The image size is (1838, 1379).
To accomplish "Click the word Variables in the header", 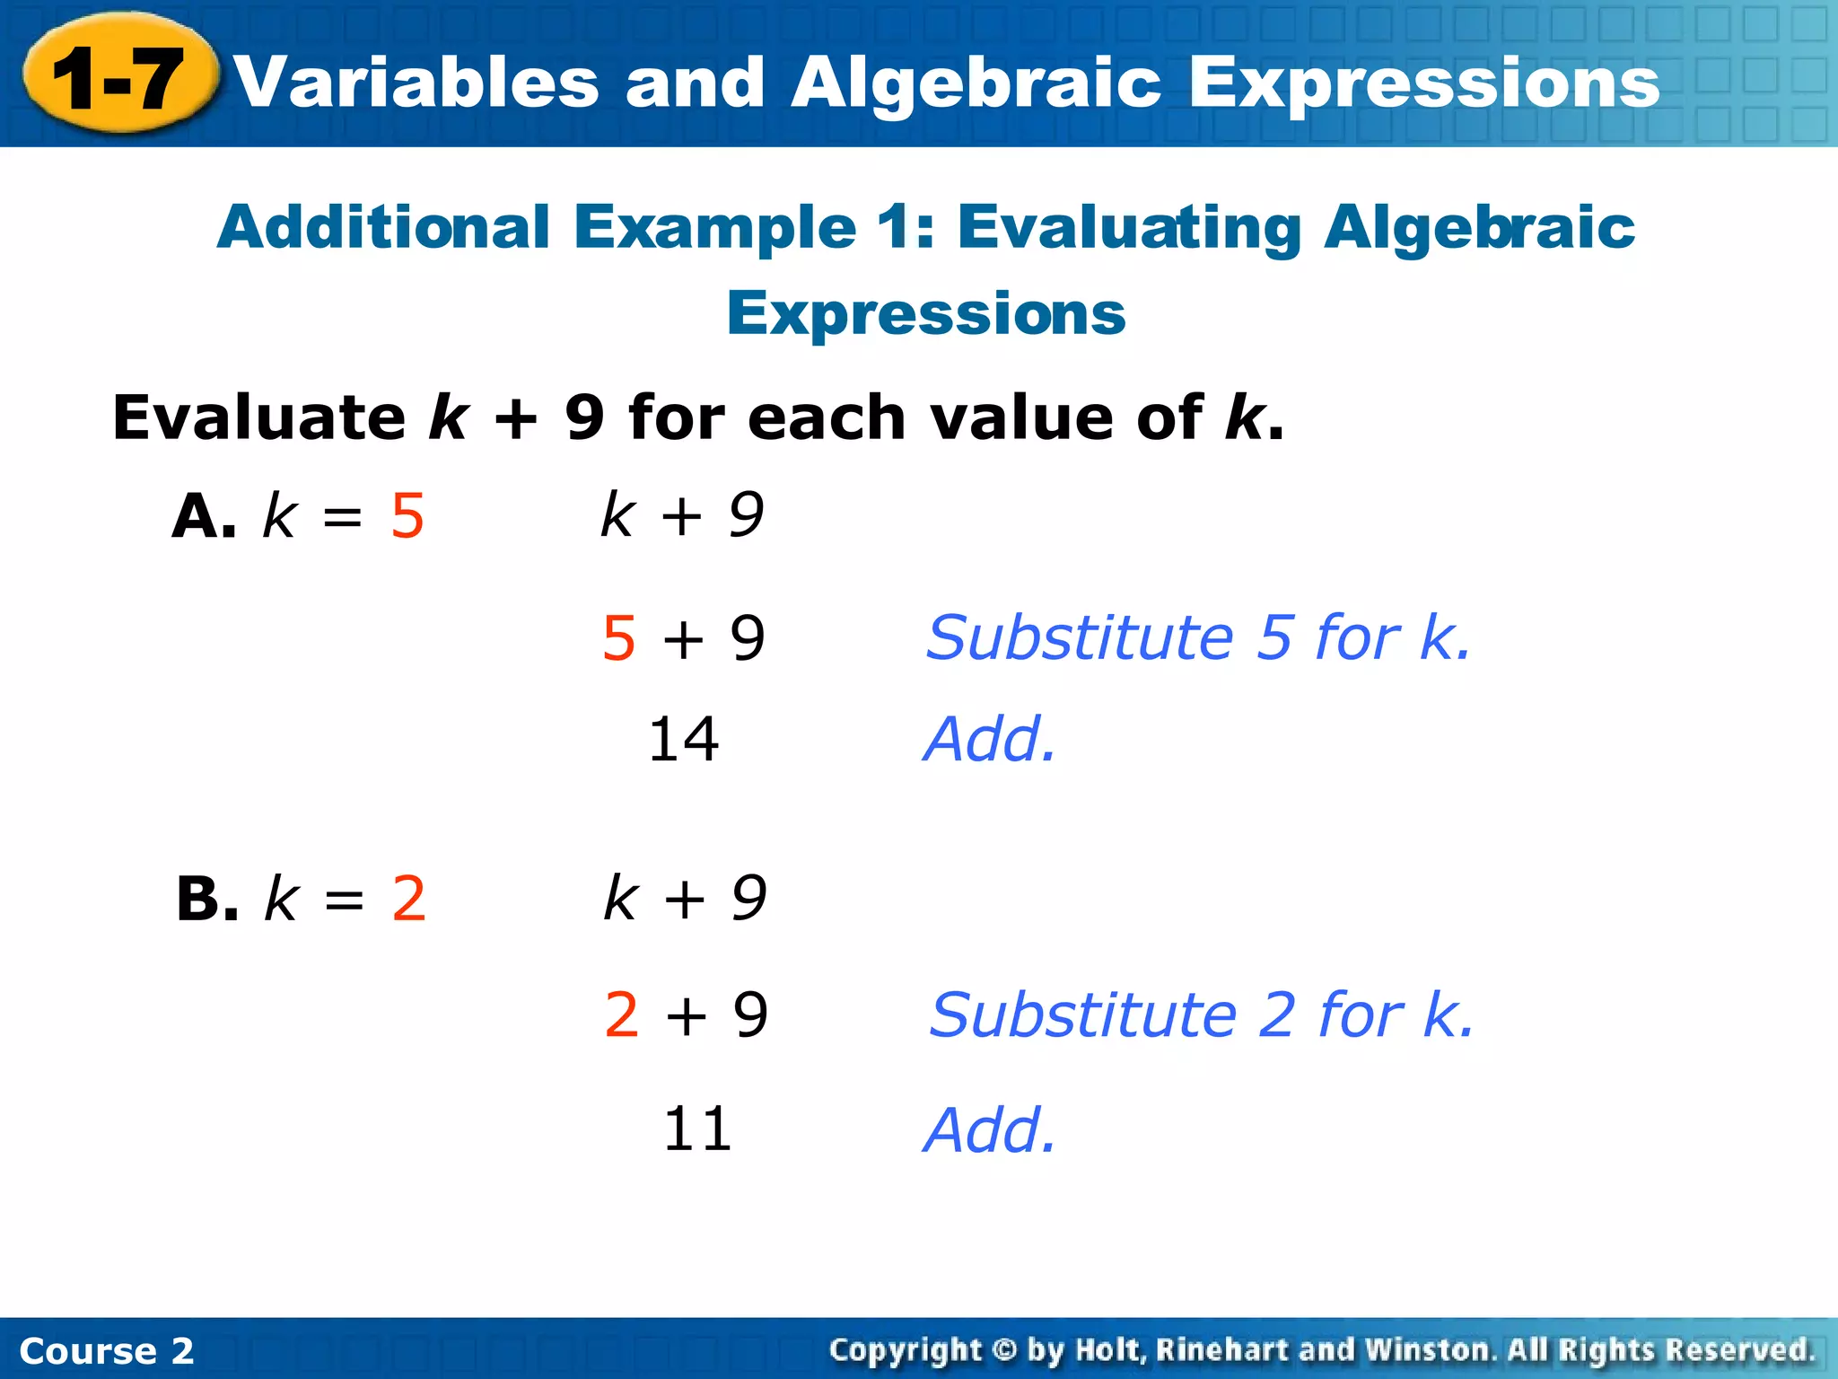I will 416,83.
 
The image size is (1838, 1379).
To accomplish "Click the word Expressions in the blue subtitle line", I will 925,313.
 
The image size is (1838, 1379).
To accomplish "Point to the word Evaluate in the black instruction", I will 259,418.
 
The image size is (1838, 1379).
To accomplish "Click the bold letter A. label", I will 205,517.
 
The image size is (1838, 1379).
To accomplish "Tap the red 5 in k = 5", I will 407,517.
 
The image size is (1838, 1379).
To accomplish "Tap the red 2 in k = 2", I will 409,899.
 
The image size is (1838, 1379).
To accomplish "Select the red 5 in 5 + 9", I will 619,638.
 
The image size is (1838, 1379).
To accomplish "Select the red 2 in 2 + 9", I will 622,1014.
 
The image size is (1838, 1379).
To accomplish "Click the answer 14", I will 683,740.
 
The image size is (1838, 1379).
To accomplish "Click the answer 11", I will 697,1129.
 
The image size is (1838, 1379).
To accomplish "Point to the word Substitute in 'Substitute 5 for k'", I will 1080,637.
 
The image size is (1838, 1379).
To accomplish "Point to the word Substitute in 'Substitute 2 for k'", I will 1082,1014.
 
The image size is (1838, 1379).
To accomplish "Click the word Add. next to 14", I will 990,740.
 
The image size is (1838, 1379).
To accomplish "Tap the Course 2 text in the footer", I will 107,1351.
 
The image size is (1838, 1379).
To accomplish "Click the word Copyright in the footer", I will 905,1350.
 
